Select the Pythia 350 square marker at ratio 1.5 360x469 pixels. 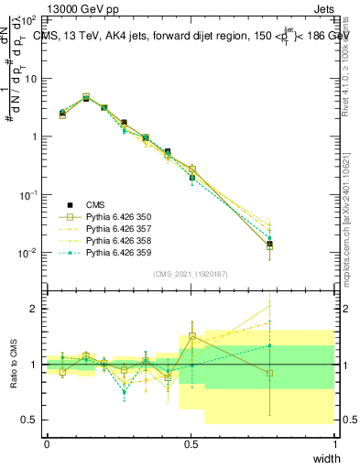(x=191, y=336)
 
